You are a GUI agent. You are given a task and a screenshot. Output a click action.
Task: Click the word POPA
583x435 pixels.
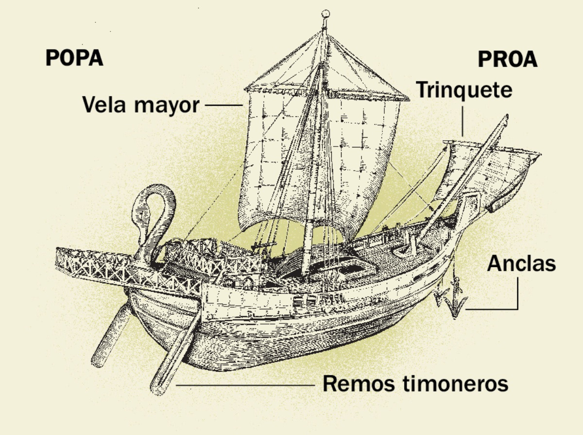point(74,58)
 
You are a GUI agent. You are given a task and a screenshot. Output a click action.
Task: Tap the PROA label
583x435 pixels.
point(508,60)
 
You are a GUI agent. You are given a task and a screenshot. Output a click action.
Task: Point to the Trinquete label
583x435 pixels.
point(464,90)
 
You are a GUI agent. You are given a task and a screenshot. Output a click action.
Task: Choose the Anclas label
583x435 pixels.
point(521,263)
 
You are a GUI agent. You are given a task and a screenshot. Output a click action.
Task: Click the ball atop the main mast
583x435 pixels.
point(326,14)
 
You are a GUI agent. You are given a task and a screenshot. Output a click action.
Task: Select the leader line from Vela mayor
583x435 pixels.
point(223,105)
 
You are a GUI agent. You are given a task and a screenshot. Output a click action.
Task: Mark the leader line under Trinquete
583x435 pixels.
point(463,121)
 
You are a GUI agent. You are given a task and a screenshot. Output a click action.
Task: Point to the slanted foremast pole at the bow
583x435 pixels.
point(466,179)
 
